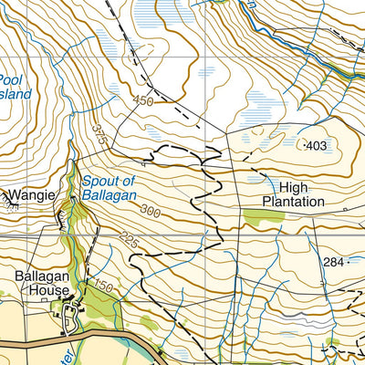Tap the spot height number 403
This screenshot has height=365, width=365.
tap(318, 146)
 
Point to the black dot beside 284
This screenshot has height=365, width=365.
tap(349, 263)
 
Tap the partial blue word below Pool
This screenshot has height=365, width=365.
tap(16, 94)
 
